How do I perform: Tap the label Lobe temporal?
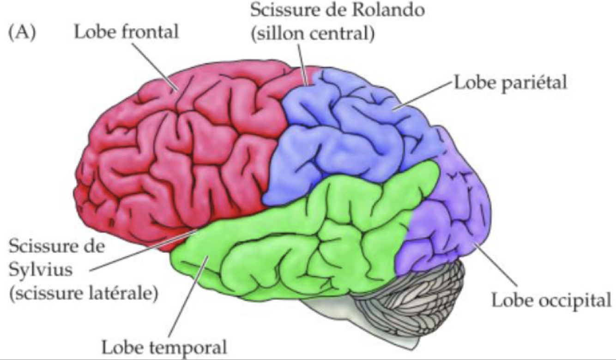coord(165,346)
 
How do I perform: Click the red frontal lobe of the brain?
coord(175,152)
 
